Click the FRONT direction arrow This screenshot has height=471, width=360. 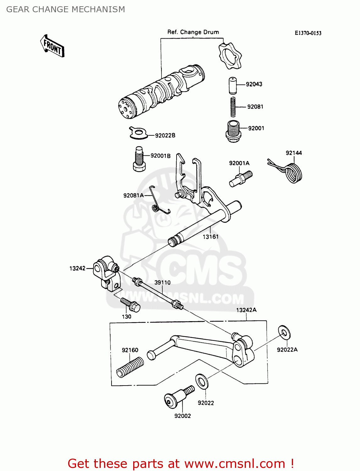coord(52,46)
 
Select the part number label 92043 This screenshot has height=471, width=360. coord(254,84)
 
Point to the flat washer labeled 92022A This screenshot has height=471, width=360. coord(284,332)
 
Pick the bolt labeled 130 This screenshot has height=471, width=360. coord(130,305)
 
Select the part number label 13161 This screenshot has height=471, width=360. coord(210,237)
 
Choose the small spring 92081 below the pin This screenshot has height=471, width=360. coord(233,107)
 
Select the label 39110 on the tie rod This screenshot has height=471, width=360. coord(162,282)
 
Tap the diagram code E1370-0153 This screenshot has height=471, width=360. coord(308,33)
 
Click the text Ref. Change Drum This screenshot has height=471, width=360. coord(193,32)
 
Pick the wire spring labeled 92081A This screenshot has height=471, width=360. coord(159,201)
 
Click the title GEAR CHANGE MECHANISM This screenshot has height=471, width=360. coord(66,9)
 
